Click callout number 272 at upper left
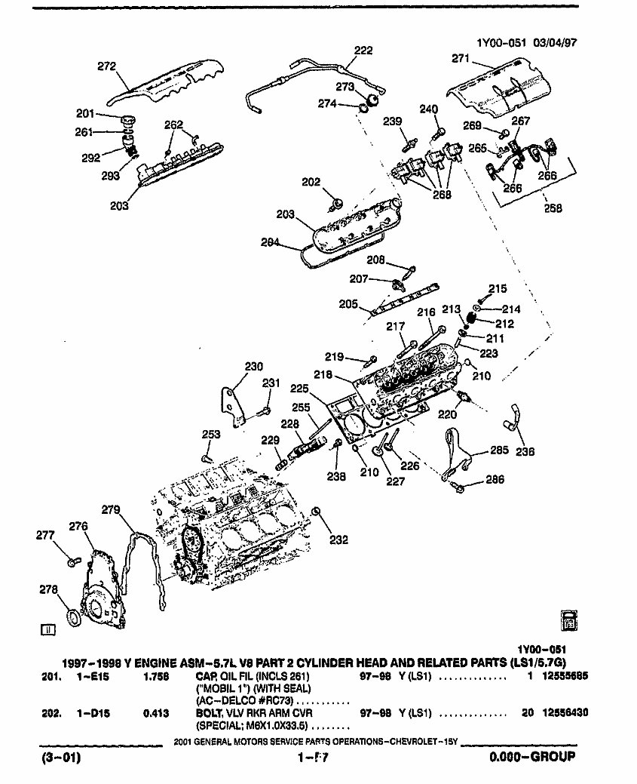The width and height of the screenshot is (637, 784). coord(106,66)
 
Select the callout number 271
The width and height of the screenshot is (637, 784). coord(461,58)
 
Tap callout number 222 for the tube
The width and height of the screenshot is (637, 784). coord(363,51)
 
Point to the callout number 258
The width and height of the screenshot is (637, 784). coord(553,208)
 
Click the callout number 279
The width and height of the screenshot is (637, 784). coord(111,510)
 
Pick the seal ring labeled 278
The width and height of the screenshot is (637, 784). coord(72,619)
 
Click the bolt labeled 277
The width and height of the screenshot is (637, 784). coord(72,561)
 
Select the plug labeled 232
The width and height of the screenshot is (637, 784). coord(318,515)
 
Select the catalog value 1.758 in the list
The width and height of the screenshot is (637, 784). coord(155,677)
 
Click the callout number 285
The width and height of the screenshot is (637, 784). coord(499,451)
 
